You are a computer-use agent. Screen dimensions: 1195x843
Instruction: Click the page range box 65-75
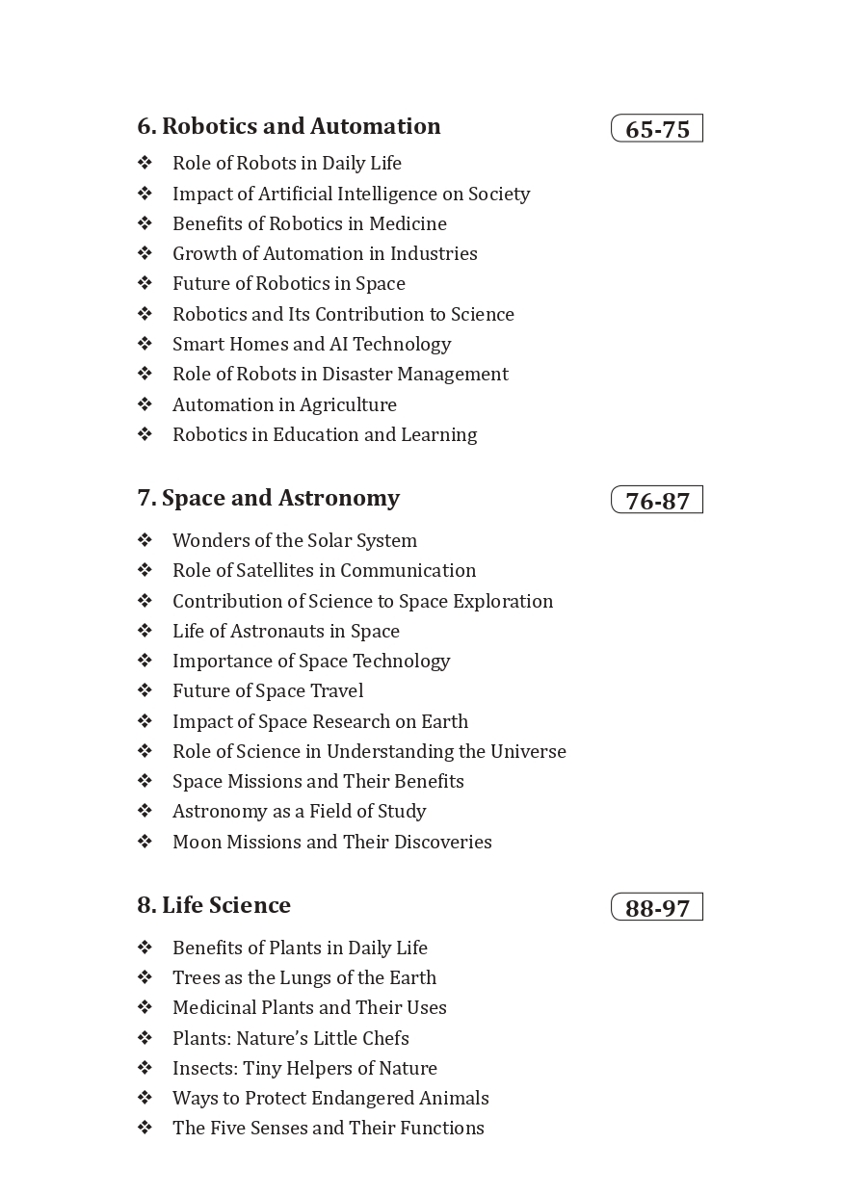point(657,129)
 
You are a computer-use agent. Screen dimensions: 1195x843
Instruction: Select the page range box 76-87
point(657,501)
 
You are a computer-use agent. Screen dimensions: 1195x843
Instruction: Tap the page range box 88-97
point(657,908)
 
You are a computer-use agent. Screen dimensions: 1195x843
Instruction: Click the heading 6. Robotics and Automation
point(289,126)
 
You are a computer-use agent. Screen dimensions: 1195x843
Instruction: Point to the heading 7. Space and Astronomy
point(268,498)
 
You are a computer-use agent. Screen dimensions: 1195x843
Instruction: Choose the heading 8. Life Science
point(214,905)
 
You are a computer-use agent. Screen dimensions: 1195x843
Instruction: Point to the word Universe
point(528,751)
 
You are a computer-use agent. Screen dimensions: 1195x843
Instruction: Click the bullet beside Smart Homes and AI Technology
point(145,344)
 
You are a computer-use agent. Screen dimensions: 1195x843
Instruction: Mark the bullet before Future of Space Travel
point(145,690)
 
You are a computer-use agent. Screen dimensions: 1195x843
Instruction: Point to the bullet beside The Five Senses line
point(145,1128)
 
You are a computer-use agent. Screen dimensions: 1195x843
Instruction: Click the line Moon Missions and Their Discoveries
point(331,842)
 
